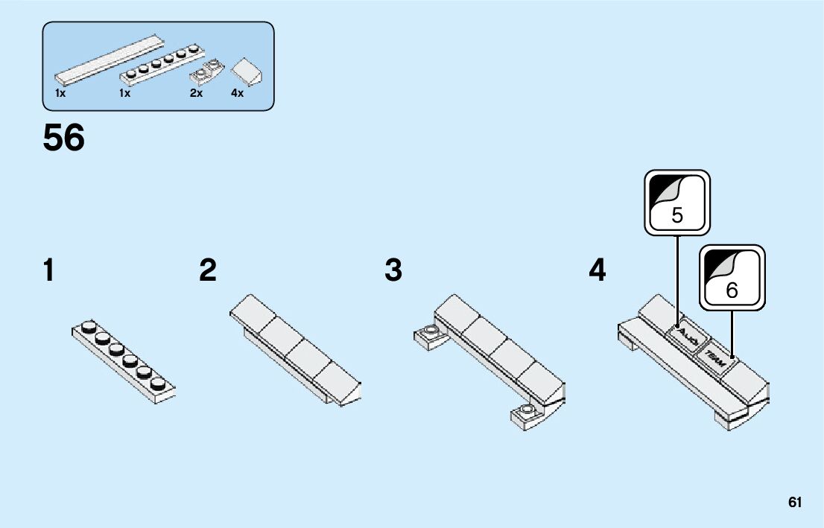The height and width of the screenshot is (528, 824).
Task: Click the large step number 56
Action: pos(64,139)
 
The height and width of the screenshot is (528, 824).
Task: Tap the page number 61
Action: pos(795,503)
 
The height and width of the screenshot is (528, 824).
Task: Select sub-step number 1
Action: pos(48,270)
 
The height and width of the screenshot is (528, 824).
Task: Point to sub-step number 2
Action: pos(208,270)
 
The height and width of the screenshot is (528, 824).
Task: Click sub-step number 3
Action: pos(393,270)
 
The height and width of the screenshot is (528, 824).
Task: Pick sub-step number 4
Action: pos(598,270)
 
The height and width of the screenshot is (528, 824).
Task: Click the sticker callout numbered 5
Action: pos(677,203)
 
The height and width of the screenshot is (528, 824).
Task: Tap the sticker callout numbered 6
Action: pos(732,277)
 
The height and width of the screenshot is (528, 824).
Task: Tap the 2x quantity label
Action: pos(196,94)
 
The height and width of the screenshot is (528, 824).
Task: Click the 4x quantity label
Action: pos(237,94)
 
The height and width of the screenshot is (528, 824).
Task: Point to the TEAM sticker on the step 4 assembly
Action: pos(716,358)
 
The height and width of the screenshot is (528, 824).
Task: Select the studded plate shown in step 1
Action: pos(124,363)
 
